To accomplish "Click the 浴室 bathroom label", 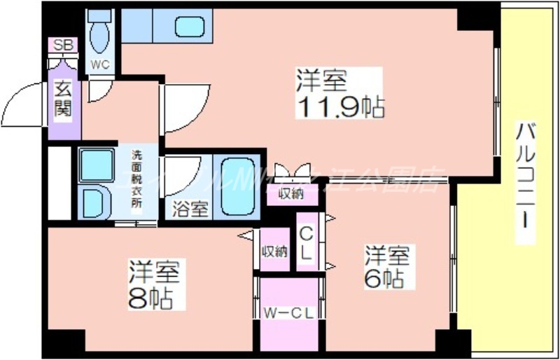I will (x=190, y=209).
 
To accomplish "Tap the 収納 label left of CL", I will (x=274, y=251).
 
